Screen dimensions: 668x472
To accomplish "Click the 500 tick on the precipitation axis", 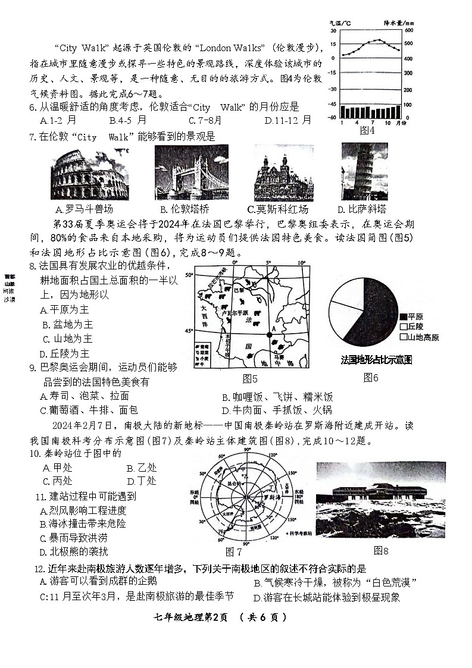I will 408,43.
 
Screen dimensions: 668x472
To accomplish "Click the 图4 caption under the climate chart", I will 367,130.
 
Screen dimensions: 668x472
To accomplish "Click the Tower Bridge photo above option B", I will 191,173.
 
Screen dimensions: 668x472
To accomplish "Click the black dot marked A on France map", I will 269,335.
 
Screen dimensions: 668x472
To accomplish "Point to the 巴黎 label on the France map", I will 239,290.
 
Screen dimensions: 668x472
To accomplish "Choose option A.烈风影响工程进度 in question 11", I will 83,510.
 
